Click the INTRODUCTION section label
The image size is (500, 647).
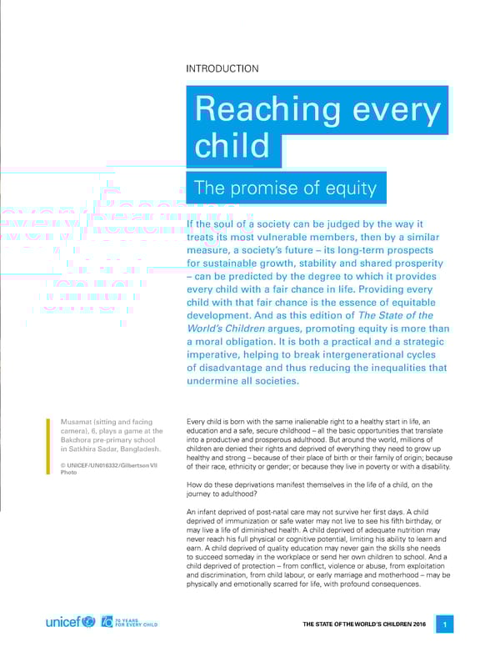(x=222, y=69)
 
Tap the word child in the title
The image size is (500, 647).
(x=232, y=146)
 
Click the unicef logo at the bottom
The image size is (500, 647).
(x=69, y=622)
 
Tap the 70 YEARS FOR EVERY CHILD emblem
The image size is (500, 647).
(x=127, y=622)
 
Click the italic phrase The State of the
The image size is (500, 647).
(x=395, y=315)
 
